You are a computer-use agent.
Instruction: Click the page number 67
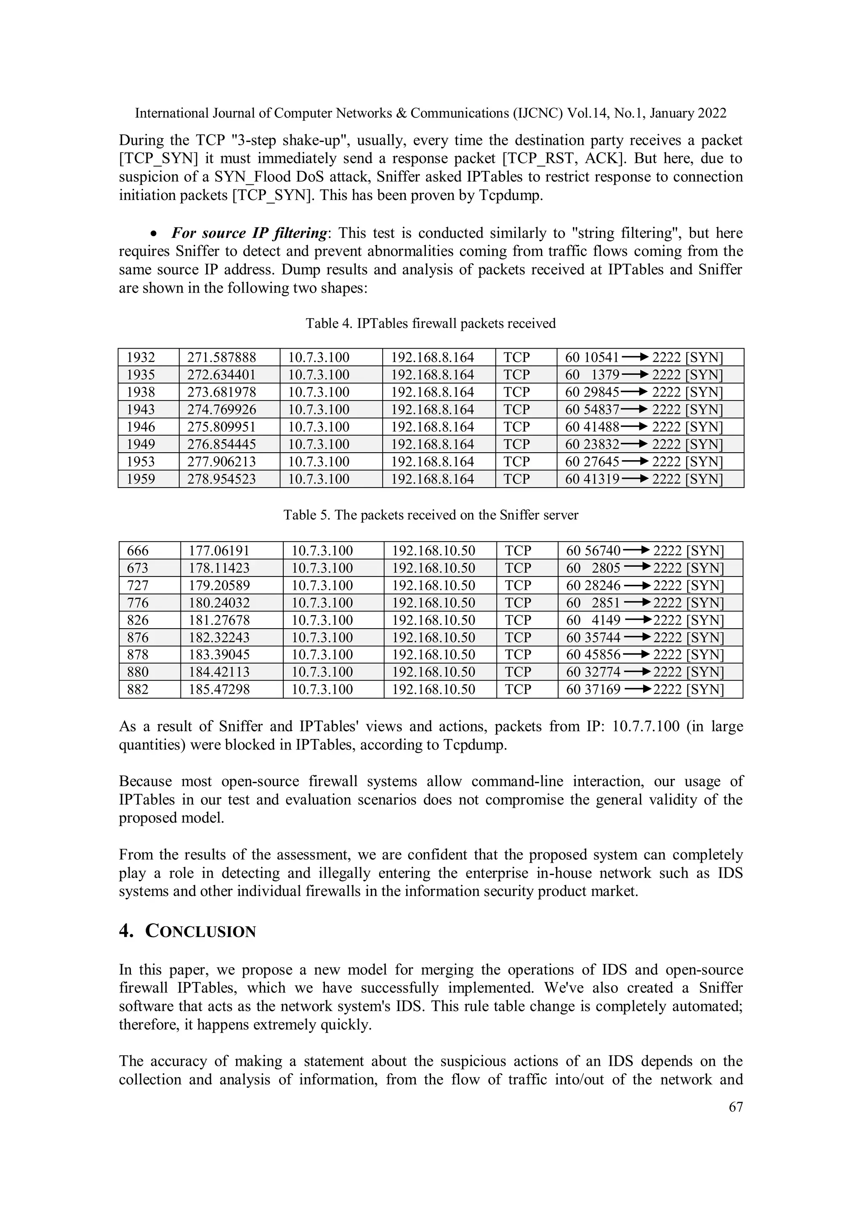tap(736, 1107)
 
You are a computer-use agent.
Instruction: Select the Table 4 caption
tap(431, 323)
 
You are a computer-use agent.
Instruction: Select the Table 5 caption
tap(431, 515)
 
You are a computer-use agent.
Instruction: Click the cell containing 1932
tap(141, 357)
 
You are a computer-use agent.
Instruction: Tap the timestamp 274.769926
tap(221, 409)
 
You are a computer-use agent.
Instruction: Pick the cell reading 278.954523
tap(221, 479)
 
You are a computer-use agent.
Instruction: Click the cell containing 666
tap(138, 551)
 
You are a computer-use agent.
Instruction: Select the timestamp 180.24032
tap(219, 603)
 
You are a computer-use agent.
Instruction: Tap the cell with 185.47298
tap(219, 689)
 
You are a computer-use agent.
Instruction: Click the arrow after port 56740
tap(636, 550)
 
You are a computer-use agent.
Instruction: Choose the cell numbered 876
tap(138, 637)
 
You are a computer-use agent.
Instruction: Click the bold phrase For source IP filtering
tap(249, 233)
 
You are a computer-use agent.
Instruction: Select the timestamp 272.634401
tap(221, 375)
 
